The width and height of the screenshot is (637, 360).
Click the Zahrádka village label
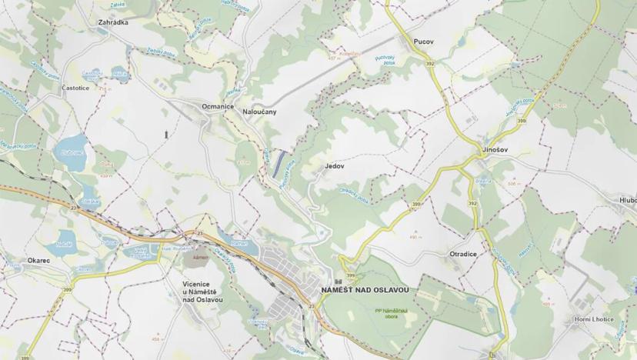point(113,23)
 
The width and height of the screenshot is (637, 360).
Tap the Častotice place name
point(75,88)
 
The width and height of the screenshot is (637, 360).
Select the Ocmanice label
point(217,106)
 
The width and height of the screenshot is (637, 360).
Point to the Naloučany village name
point(259,112)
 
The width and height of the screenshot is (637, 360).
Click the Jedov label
point(334,165)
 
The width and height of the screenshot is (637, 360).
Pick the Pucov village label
point(424,41)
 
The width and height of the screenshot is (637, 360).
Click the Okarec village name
point(38,261)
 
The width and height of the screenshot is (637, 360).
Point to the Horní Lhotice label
point(592,319)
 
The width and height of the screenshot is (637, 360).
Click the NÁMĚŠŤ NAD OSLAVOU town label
point(364,290)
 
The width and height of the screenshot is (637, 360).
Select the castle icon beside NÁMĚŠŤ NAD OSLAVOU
point(338,281)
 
